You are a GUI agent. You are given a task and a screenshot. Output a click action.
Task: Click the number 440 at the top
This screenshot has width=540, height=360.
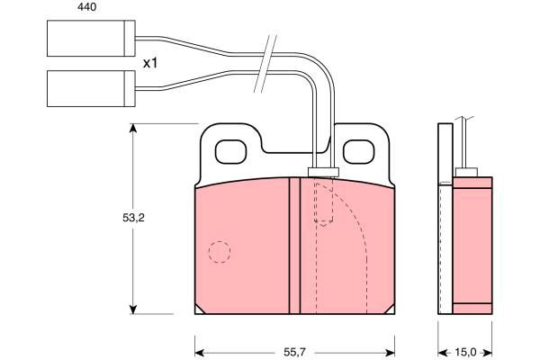point(86,7)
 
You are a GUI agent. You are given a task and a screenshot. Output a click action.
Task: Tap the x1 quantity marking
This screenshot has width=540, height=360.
point(150,63)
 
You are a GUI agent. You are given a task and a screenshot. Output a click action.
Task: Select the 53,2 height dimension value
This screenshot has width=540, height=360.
point(133,218)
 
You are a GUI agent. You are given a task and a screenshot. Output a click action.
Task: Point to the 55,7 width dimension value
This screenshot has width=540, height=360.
point(295,352)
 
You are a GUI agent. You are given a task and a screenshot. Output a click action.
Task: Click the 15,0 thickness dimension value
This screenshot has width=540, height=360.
point(465,352)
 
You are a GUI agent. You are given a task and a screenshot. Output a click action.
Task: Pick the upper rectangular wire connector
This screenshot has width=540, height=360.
point(91,38)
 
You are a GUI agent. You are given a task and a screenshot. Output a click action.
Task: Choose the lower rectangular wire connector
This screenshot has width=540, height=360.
point(91,88)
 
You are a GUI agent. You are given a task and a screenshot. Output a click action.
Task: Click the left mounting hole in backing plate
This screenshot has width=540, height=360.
point(230,151)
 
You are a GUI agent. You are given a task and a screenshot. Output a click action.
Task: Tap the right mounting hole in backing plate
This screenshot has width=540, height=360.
point(358,151)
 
